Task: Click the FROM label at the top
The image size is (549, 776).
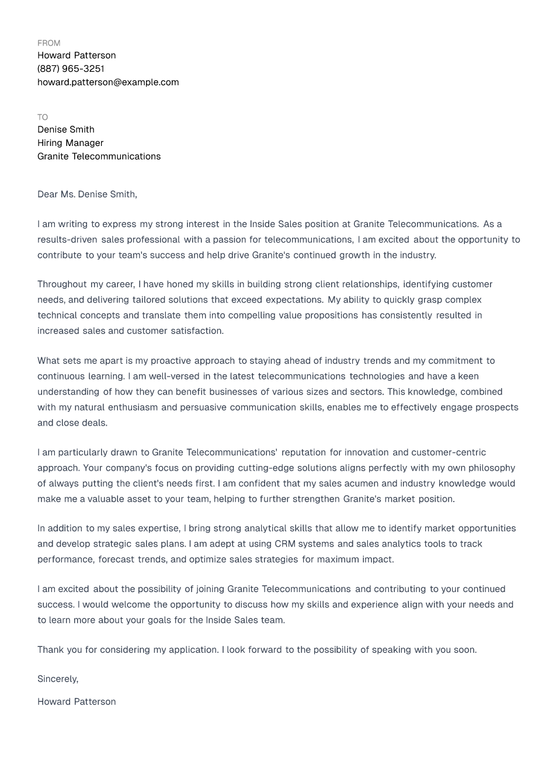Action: [49, 43]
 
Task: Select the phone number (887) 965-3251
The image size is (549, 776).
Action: [71, 69]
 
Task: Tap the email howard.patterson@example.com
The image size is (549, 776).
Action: [108, 82]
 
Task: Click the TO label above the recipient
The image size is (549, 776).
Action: [43, 117]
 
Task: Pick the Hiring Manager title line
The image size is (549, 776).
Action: [70, 143]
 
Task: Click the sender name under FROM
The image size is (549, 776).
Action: [77, 55]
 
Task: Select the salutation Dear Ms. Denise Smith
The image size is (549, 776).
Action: [87, 194]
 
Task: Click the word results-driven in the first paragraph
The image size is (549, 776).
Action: [67, 240]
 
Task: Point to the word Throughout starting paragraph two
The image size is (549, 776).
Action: [62, 284]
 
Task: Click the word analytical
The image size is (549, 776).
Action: [265, 528]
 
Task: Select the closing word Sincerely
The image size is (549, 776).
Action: [57, 679]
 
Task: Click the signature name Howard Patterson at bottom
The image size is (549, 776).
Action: [77, 702]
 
